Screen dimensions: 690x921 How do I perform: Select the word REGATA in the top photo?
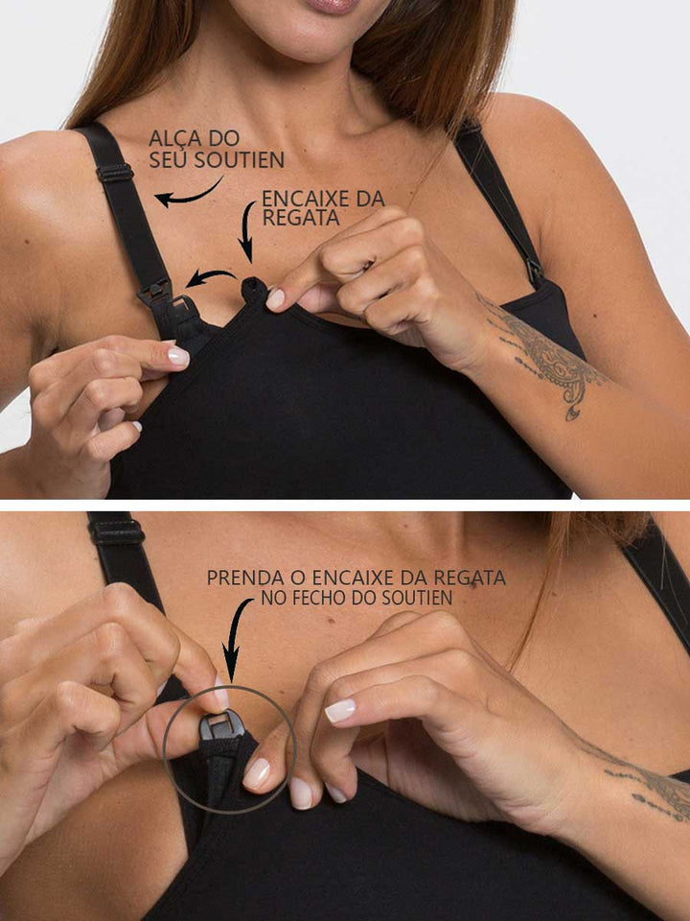point(300,218)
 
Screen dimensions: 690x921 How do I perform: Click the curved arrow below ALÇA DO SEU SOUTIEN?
point(189,193)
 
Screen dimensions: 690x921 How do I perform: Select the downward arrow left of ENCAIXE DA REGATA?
point(247,231)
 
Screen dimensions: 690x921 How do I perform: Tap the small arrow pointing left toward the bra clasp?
point(210,277)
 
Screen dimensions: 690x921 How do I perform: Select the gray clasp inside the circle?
point(220,724)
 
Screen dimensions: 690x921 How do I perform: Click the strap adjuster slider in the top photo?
point(115,173)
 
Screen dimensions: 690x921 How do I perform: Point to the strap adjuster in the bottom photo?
point(116,531)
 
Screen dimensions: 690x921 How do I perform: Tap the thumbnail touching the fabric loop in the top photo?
point(275,298)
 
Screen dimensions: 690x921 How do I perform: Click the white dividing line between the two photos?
point(345,506)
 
